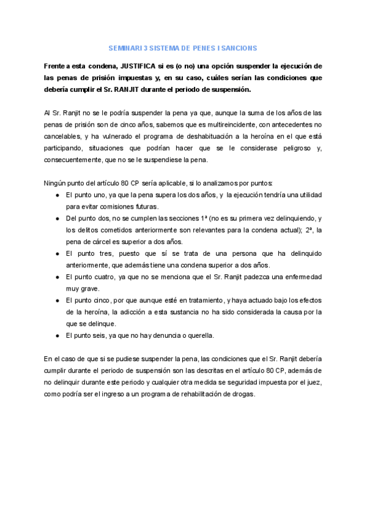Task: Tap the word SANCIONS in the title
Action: point(240,48)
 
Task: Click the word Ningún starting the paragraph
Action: point(56,183)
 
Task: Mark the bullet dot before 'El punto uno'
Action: point(56,195)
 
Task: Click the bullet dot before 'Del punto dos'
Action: point(56,218)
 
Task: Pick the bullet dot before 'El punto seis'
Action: point(56,335)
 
